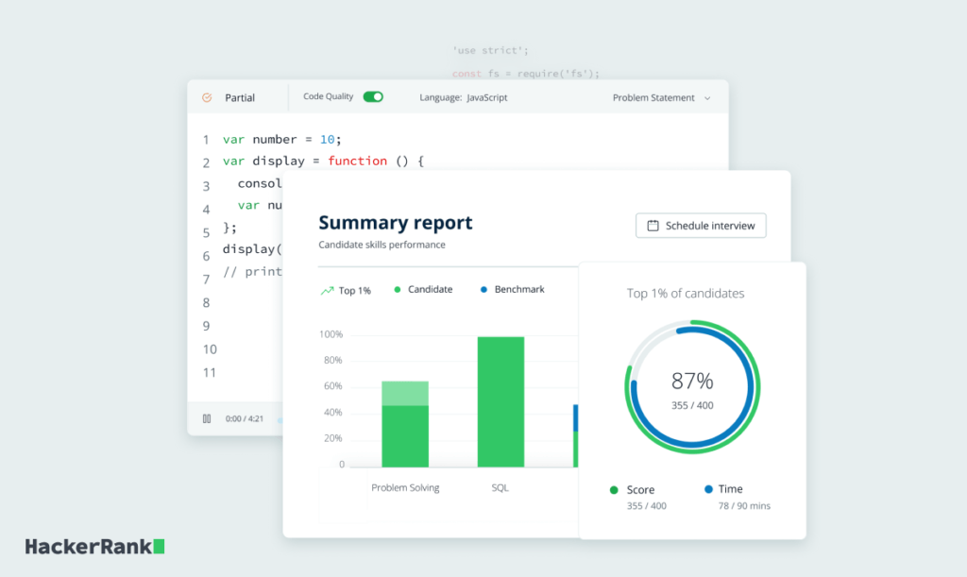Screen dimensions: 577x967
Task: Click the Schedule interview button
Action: (701, 226)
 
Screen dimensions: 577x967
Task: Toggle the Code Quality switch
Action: (373, 96)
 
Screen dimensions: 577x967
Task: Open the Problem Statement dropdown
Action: (661, 98)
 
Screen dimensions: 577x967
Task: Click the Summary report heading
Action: (395, 223)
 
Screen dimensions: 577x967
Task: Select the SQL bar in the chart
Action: (500, 401)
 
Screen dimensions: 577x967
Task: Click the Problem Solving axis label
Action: (405, 488)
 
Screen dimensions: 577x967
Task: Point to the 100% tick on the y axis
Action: (331, 334)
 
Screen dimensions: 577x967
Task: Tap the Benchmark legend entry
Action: (518, 289)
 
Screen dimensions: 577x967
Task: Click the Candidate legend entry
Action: (430, 289)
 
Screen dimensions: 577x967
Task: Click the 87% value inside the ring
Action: (692, 382)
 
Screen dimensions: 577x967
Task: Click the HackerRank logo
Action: (94, 546)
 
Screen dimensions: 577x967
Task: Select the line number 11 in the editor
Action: (209, 372)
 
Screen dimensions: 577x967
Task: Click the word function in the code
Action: (357, 161)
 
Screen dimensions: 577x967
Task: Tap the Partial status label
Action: (240, 98)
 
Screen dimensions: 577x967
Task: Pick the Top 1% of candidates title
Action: (686, 294)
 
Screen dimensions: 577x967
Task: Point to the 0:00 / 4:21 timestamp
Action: (245, 418)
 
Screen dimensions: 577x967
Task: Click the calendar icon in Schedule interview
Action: (653, 226)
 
